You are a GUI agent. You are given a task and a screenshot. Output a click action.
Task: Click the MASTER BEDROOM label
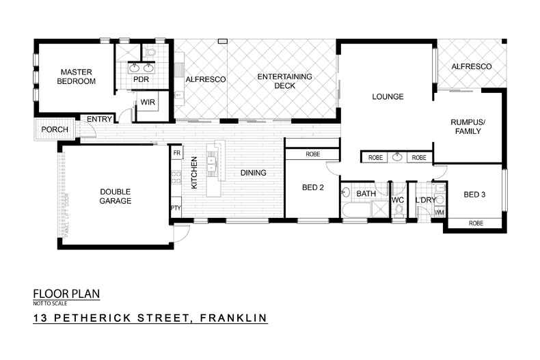point(76,76)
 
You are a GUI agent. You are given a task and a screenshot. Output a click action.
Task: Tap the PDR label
point(141,79)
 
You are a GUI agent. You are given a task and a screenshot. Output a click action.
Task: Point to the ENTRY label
point(99,120)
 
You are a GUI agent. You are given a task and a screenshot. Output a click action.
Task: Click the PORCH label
point(53,130)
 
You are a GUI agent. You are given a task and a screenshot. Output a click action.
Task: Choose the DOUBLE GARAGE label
point(114,196)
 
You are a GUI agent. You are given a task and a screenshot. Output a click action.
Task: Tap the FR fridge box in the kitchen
point(176,153)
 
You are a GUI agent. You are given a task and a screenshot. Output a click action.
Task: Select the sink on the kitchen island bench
point(211,166)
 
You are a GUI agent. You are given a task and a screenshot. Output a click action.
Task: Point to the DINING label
point(252,173)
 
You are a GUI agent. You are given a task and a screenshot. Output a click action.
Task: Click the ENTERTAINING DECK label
point(284,81)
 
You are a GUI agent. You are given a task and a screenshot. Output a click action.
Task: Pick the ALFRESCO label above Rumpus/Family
point(472,66)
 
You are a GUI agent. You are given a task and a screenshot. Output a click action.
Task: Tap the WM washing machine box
point(439,212)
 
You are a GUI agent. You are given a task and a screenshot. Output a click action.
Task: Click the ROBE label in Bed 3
point(476,223)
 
